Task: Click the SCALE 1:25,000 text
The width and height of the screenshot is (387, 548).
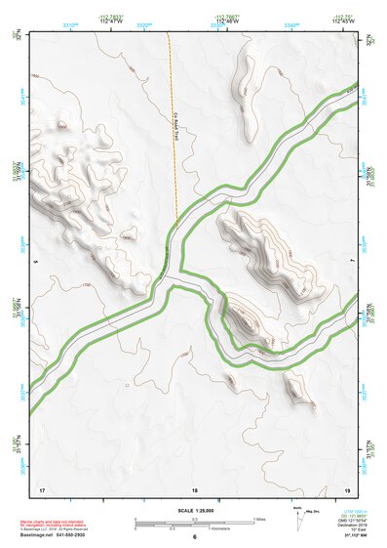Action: pos(194,510)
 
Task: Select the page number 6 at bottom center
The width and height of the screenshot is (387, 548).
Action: pos(195,537)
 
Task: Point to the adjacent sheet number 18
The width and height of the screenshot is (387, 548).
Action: pos(195,487)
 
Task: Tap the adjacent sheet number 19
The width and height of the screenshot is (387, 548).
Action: pos(347,487)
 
